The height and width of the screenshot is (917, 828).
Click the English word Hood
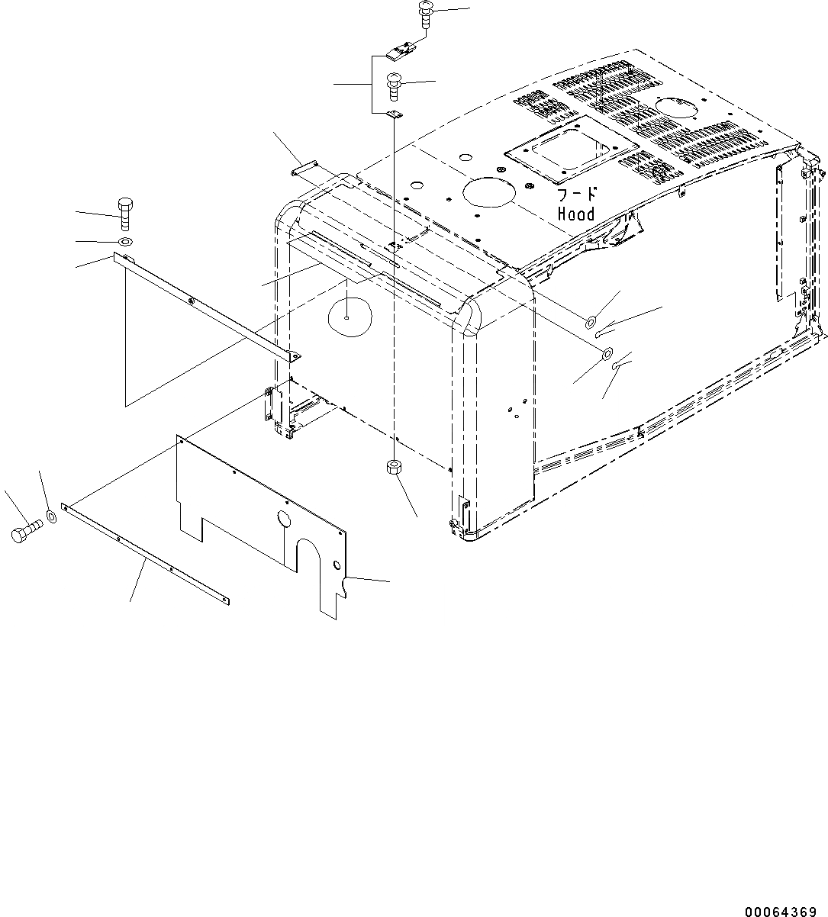tap(576, 214)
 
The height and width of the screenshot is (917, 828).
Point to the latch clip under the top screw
tap(401, 53)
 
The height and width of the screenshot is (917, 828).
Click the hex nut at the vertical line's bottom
tap(394, 467)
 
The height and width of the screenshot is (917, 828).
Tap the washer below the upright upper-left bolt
tap(123, 242)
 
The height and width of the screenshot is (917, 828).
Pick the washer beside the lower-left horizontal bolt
tap(52, 517)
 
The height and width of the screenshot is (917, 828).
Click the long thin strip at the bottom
tap(145, 554)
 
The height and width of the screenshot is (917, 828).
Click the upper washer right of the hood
tap(592, 321)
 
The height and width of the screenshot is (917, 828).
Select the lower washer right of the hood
tap(607, 353)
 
